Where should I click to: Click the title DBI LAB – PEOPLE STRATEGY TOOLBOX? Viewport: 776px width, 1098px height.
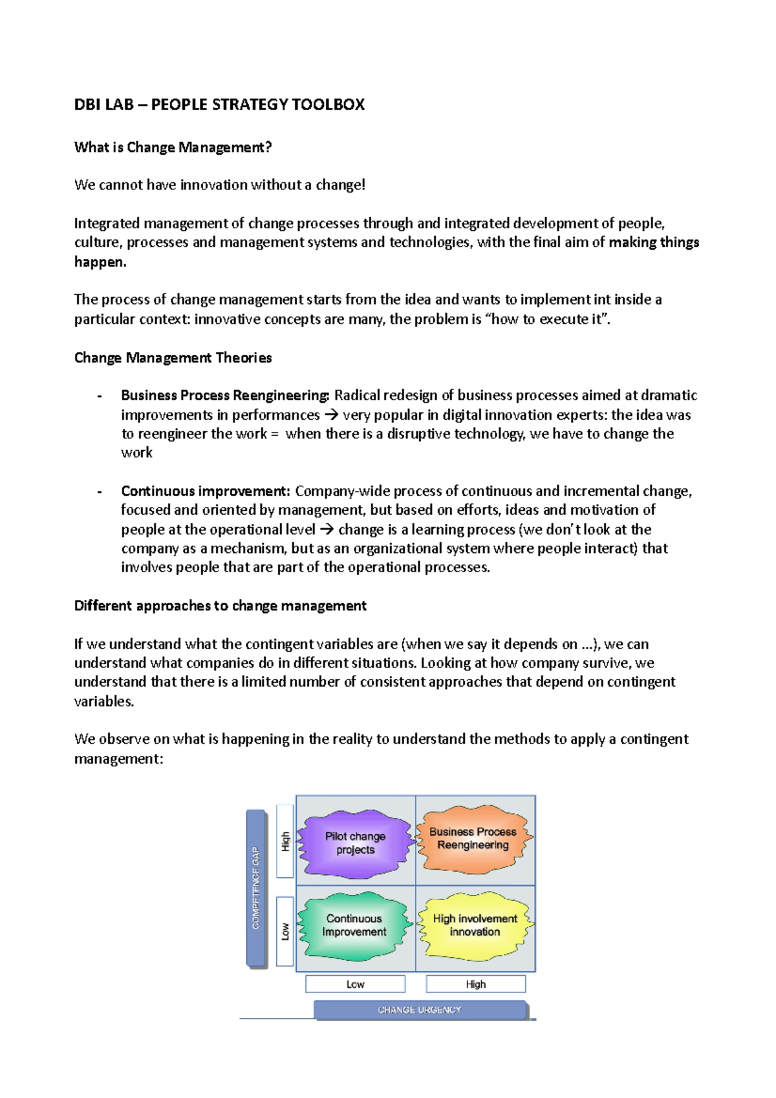pos(219,105)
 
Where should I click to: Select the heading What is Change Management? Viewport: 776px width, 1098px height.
pos(173,147)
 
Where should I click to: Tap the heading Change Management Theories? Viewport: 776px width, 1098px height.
pos(173,358)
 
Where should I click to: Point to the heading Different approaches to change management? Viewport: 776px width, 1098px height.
pos(220,606)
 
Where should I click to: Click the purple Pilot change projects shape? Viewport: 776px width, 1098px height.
pos(355,843)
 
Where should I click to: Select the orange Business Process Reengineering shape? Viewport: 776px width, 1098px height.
pos(473,839)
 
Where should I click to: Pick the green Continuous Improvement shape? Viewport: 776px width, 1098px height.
pos(354,925)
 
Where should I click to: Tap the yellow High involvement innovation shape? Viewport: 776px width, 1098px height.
pos(475,925)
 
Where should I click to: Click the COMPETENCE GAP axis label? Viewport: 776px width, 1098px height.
pos(256,888)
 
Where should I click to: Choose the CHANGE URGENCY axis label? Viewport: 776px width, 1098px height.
pos(420,1010)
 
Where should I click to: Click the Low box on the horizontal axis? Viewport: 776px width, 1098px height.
pos(355,984)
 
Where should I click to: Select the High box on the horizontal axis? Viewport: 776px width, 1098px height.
pos(475,984)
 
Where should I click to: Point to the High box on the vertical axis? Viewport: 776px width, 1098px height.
pos(285,841)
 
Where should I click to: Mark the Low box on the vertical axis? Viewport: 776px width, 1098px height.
pos(285,931)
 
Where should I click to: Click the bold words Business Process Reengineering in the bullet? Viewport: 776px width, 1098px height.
pos(225,395)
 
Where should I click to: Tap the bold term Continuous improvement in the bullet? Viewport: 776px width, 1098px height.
pos(205,491)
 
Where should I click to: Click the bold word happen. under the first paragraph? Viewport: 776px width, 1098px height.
pos(100,262)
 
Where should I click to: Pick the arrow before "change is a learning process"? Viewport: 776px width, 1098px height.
pos(327,530)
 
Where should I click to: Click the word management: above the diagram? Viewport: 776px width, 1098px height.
pos(118,759)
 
